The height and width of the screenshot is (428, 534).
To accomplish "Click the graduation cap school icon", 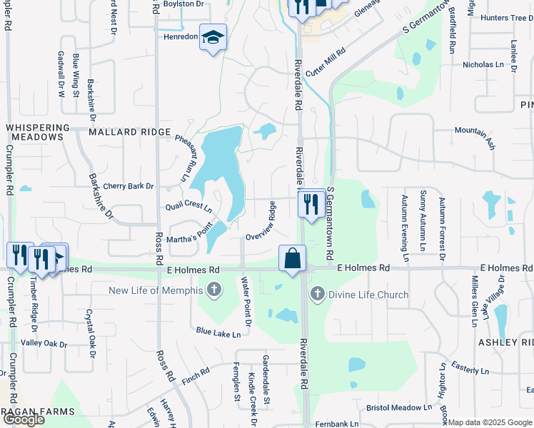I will click(x=213, y=38).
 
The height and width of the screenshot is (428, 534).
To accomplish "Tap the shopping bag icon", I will click(x=293, y=258).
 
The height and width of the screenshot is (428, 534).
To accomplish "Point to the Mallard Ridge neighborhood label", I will click(x=130, y=133).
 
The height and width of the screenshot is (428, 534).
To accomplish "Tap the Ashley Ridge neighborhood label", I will click(x=507, y=342).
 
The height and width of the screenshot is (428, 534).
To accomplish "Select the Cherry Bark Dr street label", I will click(x=129, y=186).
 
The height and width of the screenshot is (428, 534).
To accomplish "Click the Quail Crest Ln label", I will click(x=188, y=206).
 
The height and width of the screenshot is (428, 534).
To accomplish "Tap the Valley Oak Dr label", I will click(x=44, y=344).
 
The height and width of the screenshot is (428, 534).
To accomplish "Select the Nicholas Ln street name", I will click(x=483, y=64).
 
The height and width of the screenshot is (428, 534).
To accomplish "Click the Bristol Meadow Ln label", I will click(x=399, y=407).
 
